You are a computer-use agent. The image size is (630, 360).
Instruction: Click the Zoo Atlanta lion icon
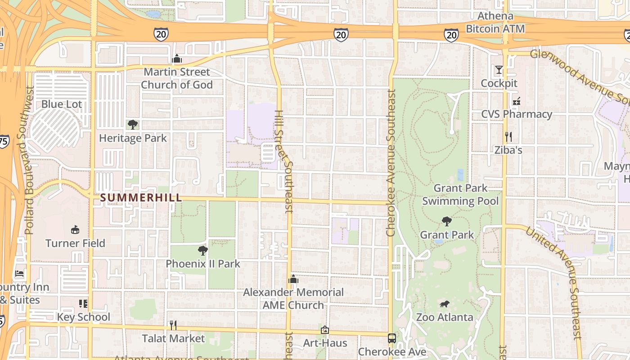[445, 304]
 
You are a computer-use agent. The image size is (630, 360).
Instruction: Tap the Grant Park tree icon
[446, 221]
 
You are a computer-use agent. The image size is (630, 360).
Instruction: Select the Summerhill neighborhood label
[141, 198]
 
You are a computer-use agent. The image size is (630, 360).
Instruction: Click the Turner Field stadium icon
[75, 230]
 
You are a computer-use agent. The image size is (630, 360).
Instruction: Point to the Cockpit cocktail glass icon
[499, 70]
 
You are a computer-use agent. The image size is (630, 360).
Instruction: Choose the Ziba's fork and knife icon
[508, 136]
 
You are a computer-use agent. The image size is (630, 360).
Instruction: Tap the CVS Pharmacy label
[517, 114]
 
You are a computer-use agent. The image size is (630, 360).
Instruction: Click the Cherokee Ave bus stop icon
[392, 338]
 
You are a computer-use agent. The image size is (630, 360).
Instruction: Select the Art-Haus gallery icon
[324, 330]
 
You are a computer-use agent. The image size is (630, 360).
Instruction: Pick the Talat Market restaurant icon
[173, 325]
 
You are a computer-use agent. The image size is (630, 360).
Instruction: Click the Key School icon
[83, 304]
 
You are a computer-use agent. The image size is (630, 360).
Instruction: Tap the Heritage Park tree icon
[132, 125]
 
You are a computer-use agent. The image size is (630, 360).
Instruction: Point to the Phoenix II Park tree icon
[203, 251]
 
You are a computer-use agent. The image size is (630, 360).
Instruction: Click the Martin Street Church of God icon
[177, 59]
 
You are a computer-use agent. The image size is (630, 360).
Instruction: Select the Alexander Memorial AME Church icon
[293, 279]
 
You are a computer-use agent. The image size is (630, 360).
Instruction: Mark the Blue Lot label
[62, 104]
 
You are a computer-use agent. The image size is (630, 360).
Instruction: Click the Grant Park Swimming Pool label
[460, 194]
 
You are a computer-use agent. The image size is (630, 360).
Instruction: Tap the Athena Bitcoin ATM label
[495, 22]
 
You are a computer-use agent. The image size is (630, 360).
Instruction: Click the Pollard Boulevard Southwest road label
[29, 161]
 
